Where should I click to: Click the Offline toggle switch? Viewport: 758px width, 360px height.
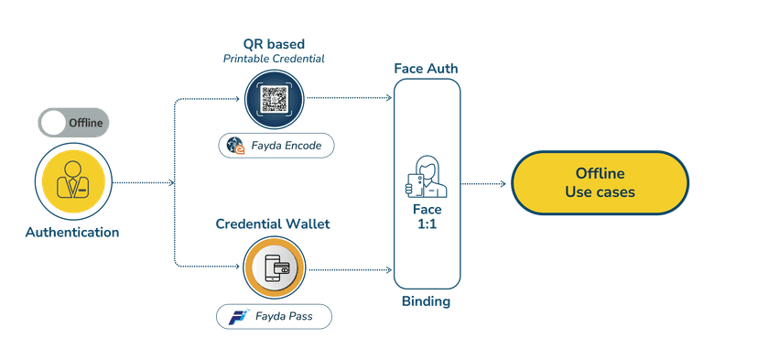tap(74, 122)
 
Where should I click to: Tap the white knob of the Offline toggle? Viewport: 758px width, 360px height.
tap(54, 122)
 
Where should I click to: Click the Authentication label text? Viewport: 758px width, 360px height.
tap(73, 233)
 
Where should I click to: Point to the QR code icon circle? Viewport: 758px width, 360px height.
tap(276, 99)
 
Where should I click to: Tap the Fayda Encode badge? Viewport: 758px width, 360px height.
tap(276, 145)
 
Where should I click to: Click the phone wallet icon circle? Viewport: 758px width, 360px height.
tap(276, 269)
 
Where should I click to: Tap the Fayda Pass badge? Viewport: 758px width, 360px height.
tap(274, 317)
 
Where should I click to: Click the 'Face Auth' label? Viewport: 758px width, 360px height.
tap(426, 69)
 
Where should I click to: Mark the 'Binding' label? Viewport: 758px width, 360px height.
tap(426, 301)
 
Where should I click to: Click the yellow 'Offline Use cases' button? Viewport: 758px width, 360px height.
tap(599, 183)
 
